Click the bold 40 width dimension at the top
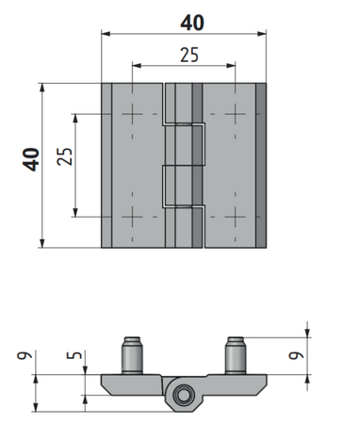[192, 23]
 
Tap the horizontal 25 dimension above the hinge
[189, 55]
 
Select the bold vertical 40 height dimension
[31, 159]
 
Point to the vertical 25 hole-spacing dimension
[65, 156]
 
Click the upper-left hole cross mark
[132, 114]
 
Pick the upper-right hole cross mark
[236, 114]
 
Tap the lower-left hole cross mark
[132, 217]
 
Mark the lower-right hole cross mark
[236, 217]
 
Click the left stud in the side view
[132, 355]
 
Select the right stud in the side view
[236, 355]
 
